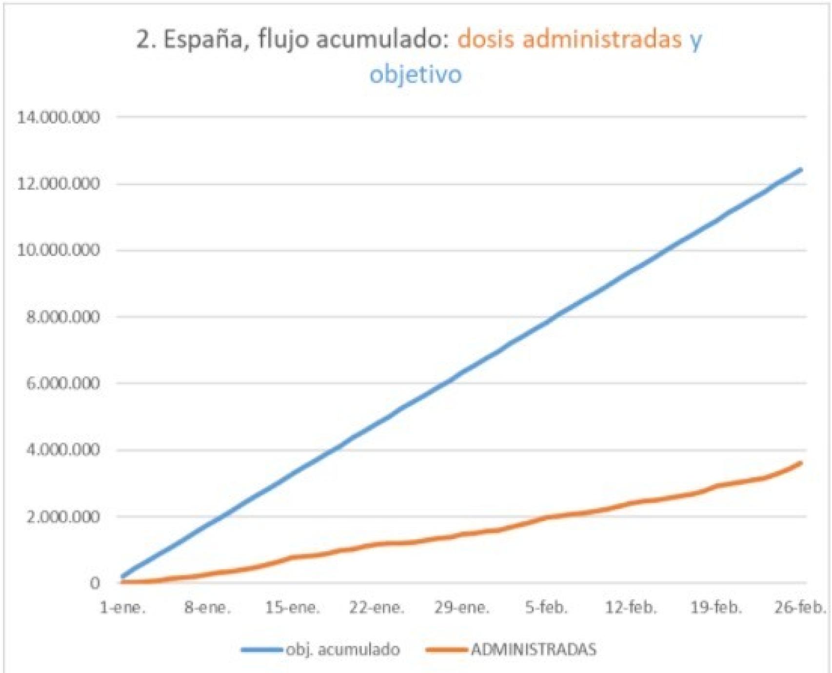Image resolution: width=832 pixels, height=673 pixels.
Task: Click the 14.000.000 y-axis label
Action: point(58,117)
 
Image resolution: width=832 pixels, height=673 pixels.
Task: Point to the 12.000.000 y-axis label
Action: point(58,184)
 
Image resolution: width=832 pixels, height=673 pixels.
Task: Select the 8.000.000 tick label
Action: point(63,317)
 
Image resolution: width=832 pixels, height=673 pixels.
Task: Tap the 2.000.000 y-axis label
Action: point(63,517)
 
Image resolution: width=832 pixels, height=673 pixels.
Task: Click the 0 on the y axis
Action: point(95,583)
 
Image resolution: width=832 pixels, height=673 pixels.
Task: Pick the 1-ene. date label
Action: point(122,608)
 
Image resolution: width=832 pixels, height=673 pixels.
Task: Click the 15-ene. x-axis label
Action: point(293,608)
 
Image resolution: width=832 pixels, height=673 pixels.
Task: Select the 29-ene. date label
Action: point(461,608)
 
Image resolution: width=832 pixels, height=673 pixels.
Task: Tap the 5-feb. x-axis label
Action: point(546,608)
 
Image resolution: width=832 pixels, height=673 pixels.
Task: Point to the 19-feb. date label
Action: point(716,608)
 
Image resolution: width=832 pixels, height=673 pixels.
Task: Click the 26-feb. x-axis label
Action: point(800,608)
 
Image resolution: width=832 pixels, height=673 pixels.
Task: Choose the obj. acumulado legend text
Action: point(343,650)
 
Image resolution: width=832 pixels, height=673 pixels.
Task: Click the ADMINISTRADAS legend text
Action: point(534,650)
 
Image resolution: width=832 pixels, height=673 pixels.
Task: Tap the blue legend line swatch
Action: point(262,650)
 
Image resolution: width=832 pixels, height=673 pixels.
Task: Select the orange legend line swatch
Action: point(446,650)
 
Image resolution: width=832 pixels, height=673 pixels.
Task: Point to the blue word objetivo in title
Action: point(416,75)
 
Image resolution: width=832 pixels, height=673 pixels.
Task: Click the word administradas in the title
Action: point(602,39)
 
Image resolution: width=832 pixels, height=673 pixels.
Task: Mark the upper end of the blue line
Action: point(800,170)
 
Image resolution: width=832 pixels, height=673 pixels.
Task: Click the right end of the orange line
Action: point(800,463)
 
